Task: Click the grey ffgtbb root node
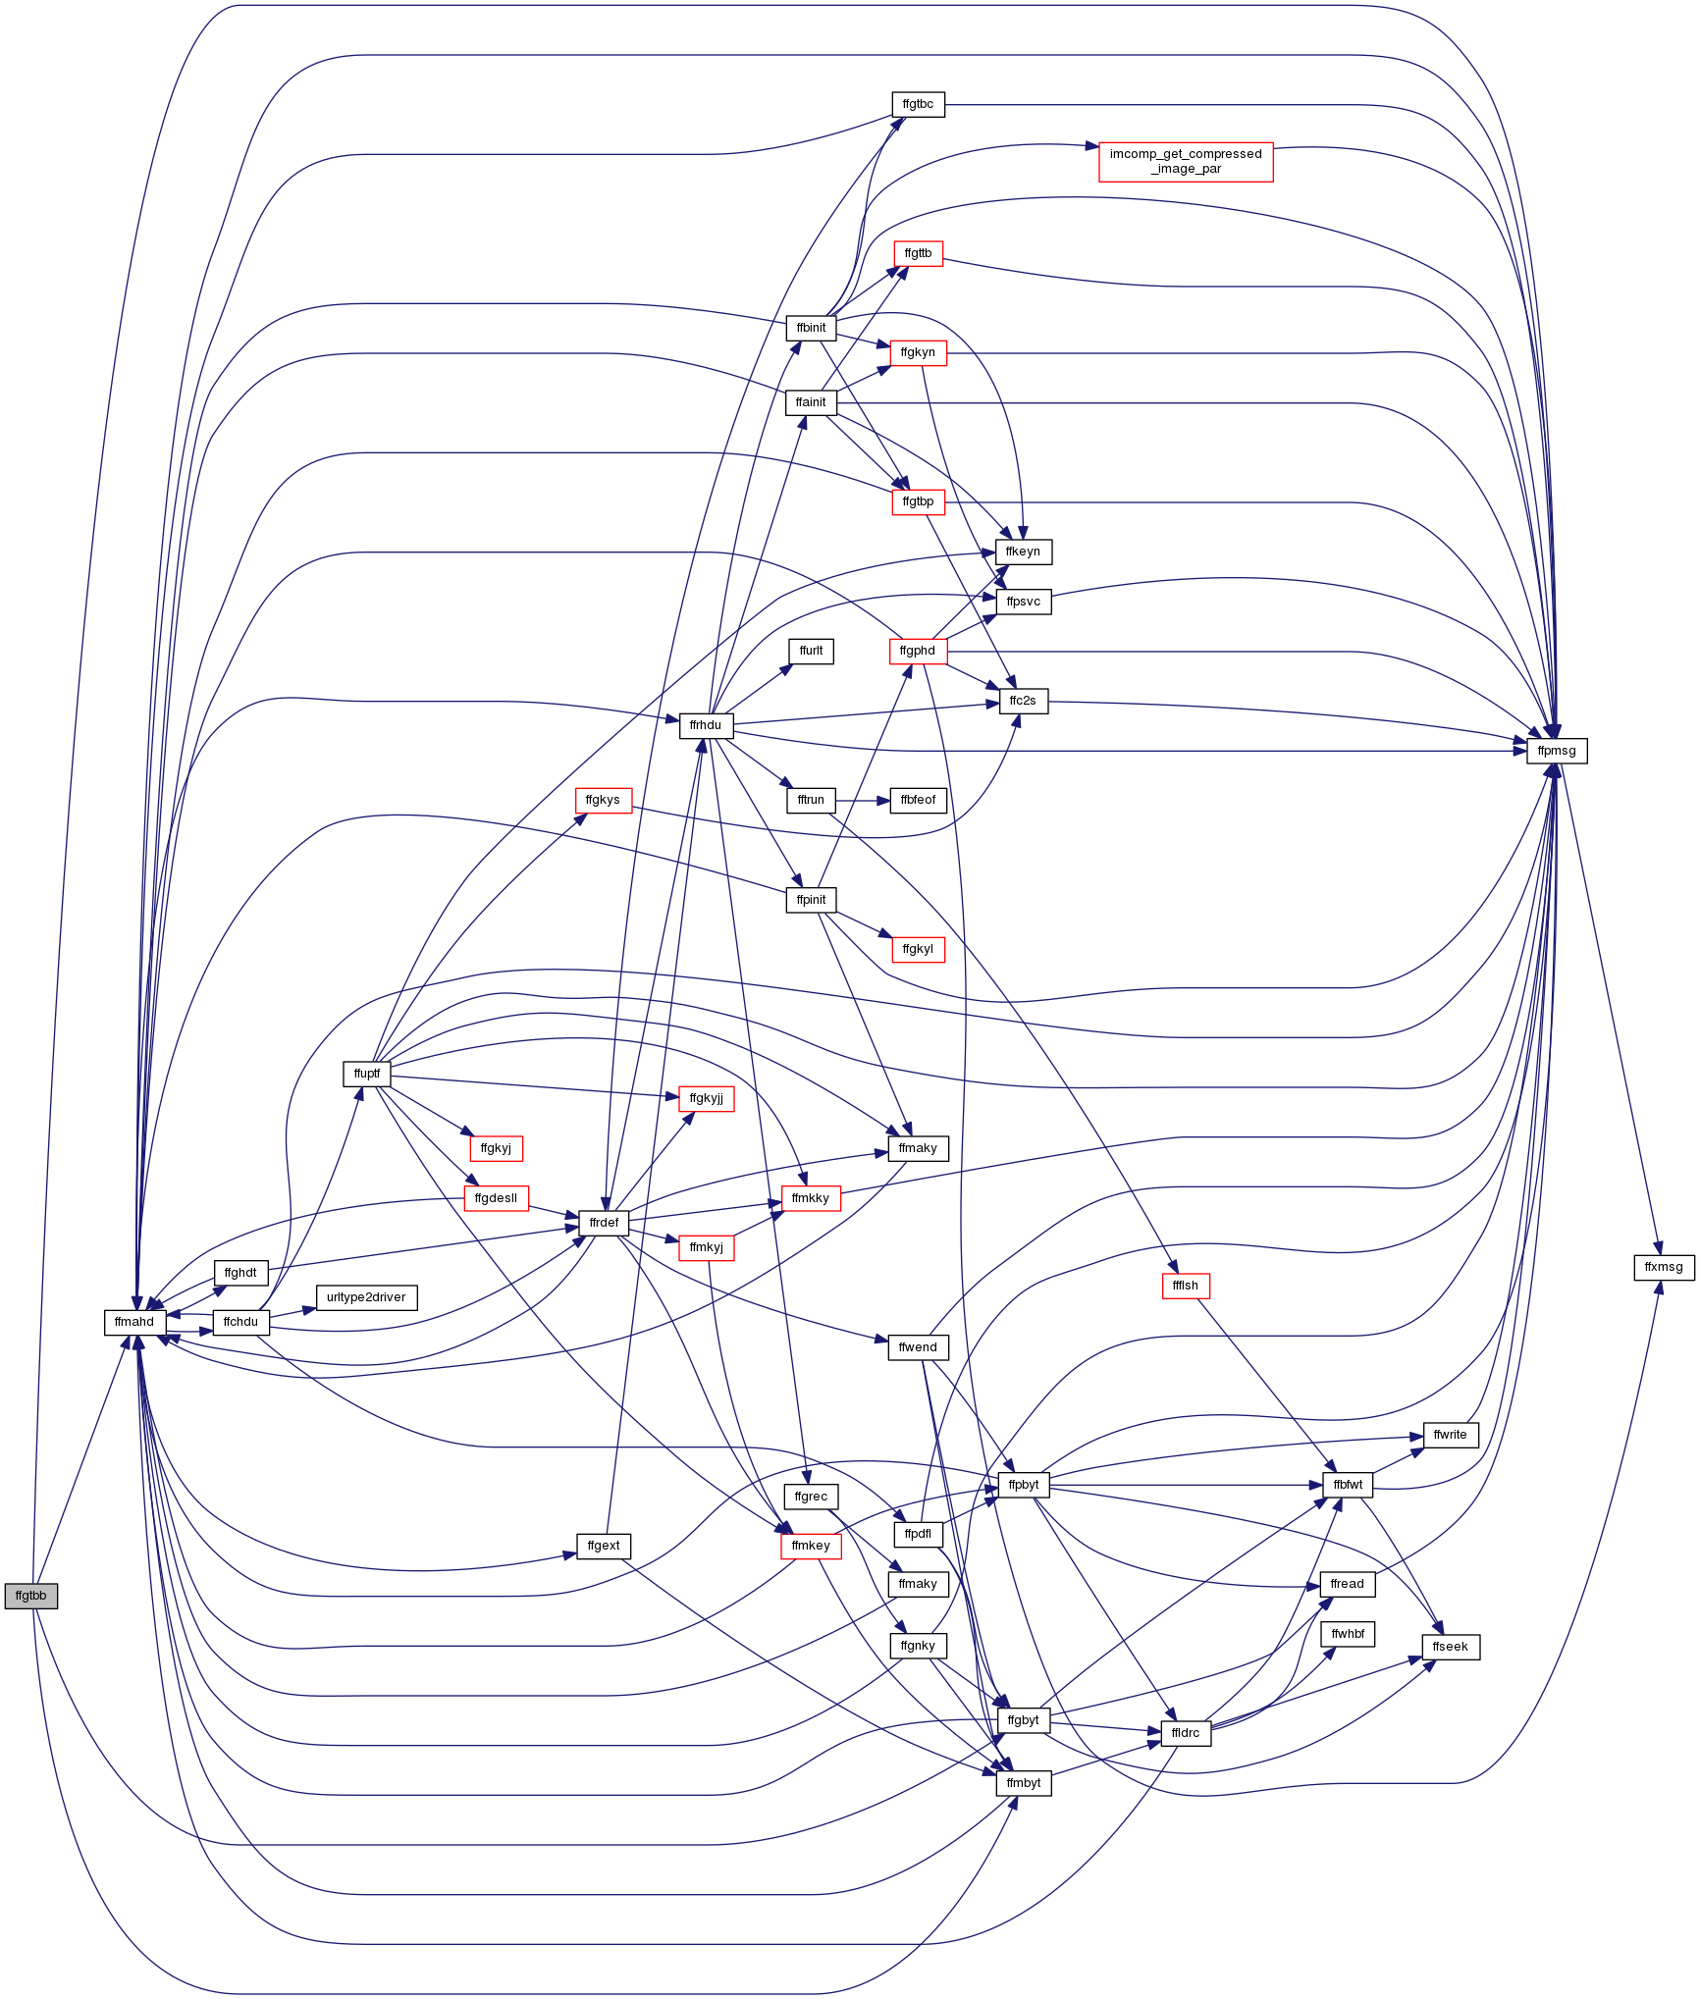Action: pyautogui.click(x=30, y=1596)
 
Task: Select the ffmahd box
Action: pyautogui.click(x=134, y=1322)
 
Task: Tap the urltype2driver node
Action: pyautogui.click(x=366, y=1297)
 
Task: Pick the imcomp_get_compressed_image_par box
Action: pyautogui.click(x=1186, y=161)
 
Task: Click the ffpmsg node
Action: pyautogui.click(x=1557, y=751)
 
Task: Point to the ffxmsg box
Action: pyautogui.click(x=1664, y=1267)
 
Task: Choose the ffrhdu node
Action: pyautogui.click(x=706, y=725)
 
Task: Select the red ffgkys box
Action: pyautogui.click(x=603, y=800)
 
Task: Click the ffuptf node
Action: pyautogui.click(x=367, y=1074)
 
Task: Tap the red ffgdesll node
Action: pyautogui.click(x=496, y=1198)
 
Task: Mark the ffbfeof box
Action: pyautogui.click(x=919, y=800)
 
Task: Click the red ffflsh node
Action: pyautogui.click(x=1186, y=1286)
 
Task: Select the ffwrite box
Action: pyautogui.click(x=1451, y=1435)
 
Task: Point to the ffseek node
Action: pyautogui.click(x=1451, y=1647)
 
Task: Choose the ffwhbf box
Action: pyautogui.click(x=1348, y=1634)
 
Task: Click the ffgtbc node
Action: pyautogui.click(x=918, y=104)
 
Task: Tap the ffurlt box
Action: pyautogui.click(x=811, y=651)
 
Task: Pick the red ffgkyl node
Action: pyautogui.click(x=918, y=949)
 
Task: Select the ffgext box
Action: pyautogui.click(x=604, y=1546)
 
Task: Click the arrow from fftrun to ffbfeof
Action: pyautogui.click(x=863, y=800)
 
